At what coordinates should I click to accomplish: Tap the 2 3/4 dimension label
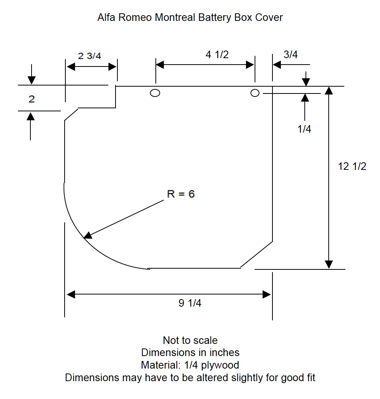[x=89, y=56]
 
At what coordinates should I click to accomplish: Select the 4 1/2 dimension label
[x=217, y=54]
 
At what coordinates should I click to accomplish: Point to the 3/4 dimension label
[x=291, y=54]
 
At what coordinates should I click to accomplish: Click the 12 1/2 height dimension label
[x=352, y=166]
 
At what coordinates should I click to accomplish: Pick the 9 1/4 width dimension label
[x=190, y=303]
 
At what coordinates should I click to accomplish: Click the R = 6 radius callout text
[x=181, y=194]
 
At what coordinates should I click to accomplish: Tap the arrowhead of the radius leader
[x=88, y=236]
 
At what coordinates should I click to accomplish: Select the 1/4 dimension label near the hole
[x=304, y=129]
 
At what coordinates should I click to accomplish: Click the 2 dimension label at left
[x=32, y=99]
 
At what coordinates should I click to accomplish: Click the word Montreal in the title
[x=175, y=17]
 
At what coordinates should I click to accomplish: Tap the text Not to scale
[x=190, y=340]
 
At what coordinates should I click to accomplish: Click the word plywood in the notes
[x=220, y=365]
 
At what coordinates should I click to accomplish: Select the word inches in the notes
[x=224, y=353]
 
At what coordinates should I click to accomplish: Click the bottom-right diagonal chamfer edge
[x=256, y=255]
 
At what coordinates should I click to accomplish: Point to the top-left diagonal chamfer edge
[x=71, y=114]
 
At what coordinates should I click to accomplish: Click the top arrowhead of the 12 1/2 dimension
[x=329, y=90]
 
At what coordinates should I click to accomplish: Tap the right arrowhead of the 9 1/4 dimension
[x=266, y=294]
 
